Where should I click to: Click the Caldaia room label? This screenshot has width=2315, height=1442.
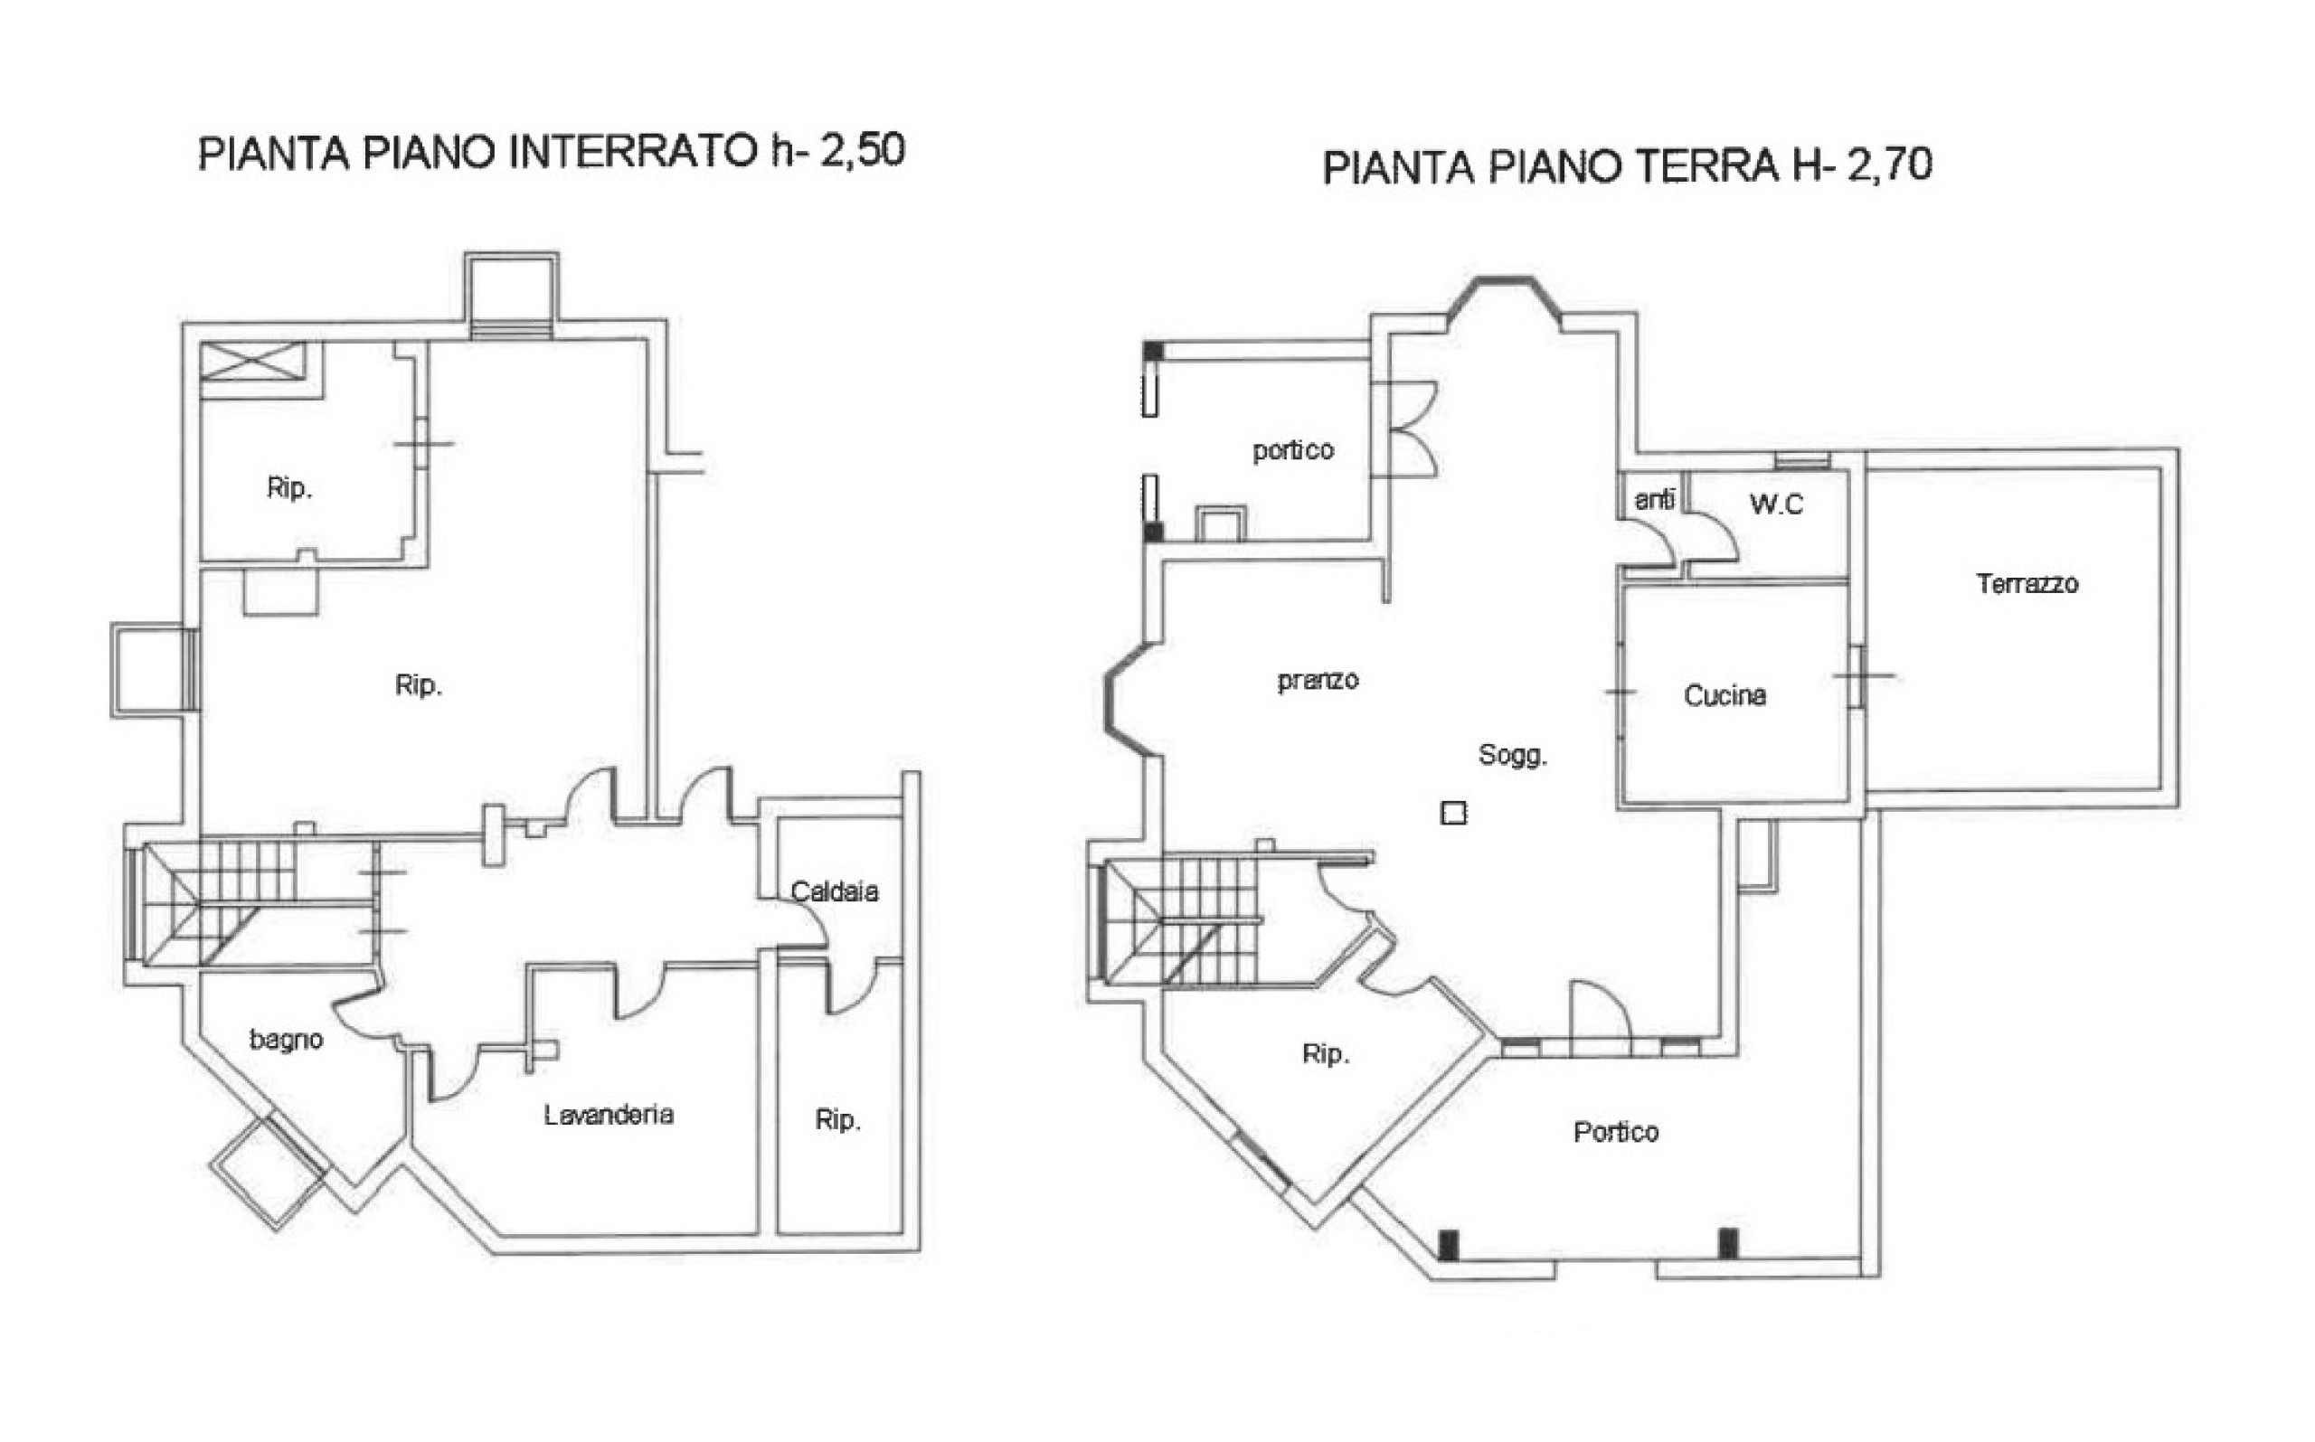(835, 891)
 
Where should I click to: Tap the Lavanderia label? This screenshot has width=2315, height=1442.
(609, 1114)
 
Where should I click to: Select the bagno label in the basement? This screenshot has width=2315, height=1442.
(286, 1041)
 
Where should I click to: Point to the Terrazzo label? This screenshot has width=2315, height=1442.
(2027, 584)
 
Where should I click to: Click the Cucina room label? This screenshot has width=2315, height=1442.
(1724, 695)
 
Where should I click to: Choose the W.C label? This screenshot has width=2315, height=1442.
(1776, 504)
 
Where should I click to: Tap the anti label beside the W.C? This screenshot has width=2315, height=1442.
(1654, 499)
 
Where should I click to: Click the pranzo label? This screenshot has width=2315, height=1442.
(1318, 680)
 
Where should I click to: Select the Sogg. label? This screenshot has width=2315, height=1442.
(1513, 755)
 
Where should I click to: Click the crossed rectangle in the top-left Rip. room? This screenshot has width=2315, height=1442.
(254, 362)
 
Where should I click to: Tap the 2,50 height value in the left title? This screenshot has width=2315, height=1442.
(863, 151)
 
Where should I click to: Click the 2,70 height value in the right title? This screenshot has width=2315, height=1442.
(1891, 164)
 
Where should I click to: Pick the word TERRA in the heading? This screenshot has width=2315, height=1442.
(1708, 166)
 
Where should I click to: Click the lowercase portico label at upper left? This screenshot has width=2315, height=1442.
(1293, 450)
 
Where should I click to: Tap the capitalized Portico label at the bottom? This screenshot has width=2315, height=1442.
(1616, 1132)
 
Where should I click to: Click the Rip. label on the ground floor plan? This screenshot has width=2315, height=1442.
(1326, 1054)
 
